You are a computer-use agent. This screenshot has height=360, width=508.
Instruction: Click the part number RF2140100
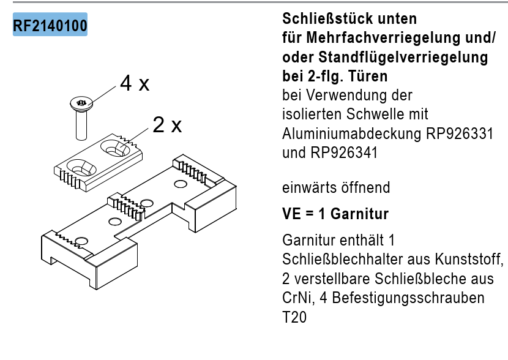pyautogui.click(x=50, y=25)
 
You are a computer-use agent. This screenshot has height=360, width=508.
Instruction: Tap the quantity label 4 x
pyautogui.click(x=135, y=83)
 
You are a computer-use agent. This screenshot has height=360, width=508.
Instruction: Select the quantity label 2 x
pyautogui.click(x=167, y=124)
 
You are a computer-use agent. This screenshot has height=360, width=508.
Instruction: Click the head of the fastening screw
pyautogui.click(x=81, y=103)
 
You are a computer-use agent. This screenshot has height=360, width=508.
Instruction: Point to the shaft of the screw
pyautogui.click(x=81, y=125)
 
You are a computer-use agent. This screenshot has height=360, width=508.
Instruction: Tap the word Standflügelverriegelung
pyautogui.click(x=403, y=57)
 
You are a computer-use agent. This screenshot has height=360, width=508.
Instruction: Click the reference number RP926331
pyautogui.click(x=460, y=133)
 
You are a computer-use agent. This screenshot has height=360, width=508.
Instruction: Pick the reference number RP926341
pyautogui.click(x=344, y=152)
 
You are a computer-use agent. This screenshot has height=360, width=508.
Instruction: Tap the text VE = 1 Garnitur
pyautogui.click(x=335, y=214)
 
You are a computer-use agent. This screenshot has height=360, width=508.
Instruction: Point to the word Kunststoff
pyautogui.click(x=469, y=259)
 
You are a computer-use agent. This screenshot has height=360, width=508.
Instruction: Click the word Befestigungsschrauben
pyautogui.click(x=408, y=298)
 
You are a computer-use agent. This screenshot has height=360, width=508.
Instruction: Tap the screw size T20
pyautogui.click(x=294, y=317)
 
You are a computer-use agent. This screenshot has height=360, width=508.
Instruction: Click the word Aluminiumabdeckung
pyautogui.click(x=352, y=133)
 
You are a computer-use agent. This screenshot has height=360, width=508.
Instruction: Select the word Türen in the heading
pyautogui.click(x=368, y=76)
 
